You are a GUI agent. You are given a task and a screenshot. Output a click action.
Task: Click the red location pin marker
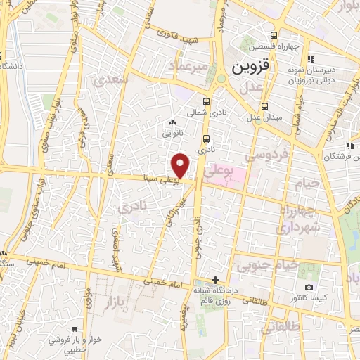coord(181,165)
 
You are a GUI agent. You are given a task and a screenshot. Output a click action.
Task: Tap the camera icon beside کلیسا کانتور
coord(309,288)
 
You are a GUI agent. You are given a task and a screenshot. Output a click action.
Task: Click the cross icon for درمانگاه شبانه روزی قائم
coord(215,281)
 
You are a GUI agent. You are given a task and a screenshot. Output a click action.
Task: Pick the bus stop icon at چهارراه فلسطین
coord(274,37)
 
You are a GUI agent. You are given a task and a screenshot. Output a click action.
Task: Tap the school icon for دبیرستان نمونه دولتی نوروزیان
coord(312,58)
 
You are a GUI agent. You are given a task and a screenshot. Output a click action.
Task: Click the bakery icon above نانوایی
coord(173,124)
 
